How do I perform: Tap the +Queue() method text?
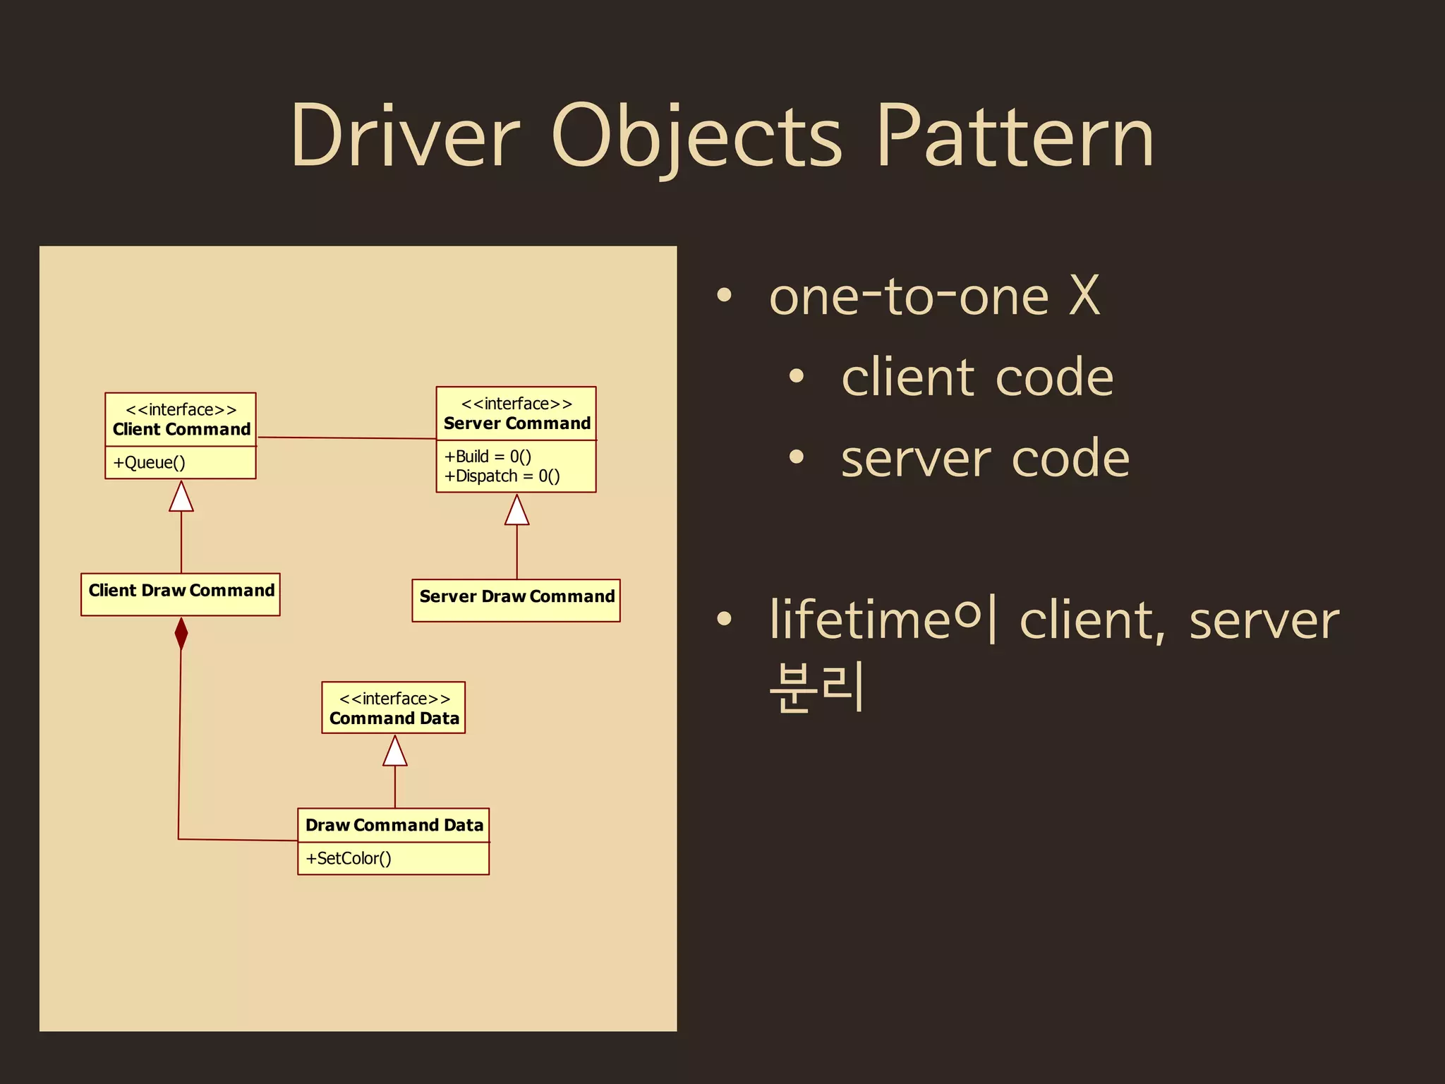coord(149,463)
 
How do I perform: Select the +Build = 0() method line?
coord(488,457)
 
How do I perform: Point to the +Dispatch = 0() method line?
coord(502,476)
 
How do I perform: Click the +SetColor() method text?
coord(348,859)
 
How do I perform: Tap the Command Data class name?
coord(394,718)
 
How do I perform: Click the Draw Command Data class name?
coord(394,825)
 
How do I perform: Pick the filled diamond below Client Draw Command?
coord(181,634)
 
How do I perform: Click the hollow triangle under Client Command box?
coord(181,498)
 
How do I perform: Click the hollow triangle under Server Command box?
coord(516,511)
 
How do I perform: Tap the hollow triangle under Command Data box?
coord(394,752)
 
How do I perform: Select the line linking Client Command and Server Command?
coord(346,438)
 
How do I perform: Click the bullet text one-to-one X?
coord(934,296)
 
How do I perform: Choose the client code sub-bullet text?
coord(977,378)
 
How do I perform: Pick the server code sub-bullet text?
coord(985,459)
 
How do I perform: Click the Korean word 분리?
coord(816,686)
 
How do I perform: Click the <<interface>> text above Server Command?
coord(516,404)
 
